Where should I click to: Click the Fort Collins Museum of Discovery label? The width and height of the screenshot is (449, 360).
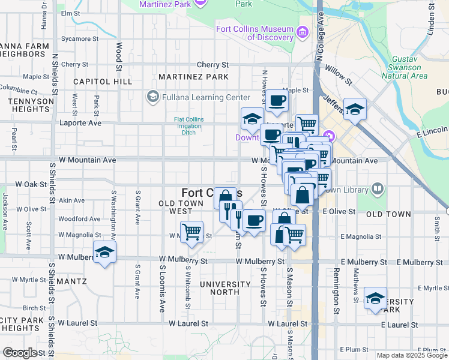(x=255, y=34)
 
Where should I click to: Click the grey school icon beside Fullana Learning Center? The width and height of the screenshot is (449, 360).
(x=152, y=97)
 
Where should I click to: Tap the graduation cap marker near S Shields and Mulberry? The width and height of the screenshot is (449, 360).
(x=104, y=252)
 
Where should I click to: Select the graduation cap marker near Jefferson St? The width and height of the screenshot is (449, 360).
(x=355, y=109)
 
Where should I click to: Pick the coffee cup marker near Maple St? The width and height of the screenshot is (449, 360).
(x=277, y=101)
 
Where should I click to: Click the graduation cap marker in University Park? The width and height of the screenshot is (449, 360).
(x=375, y=298)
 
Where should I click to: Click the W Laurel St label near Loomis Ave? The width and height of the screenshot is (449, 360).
(x=188, y=323)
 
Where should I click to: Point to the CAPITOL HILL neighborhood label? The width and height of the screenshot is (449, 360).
(x=103, y=81)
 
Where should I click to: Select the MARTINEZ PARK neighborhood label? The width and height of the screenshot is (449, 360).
(x=193, y=77)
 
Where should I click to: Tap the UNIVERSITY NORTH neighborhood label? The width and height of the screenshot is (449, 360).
(x=225, y=288)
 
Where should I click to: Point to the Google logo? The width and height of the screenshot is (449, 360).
(x=19, y=353)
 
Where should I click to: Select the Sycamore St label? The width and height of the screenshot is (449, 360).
(x=80, y=38)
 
